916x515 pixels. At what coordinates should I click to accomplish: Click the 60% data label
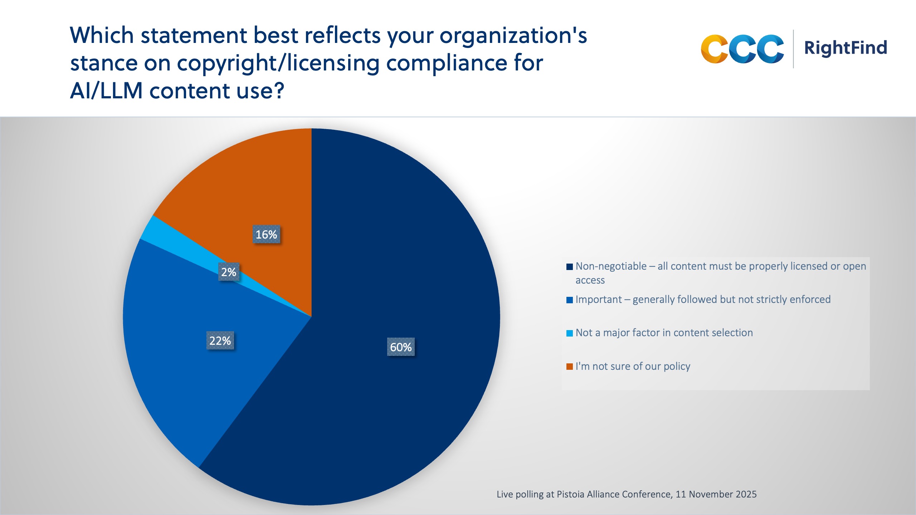coord(401,347)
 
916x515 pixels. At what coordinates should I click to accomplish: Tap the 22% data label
coord(220,340)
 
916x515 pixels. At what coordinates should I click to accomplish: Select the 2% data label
coord(229,272)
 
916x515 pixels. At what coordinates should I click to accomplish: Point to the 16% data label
coord(266,235)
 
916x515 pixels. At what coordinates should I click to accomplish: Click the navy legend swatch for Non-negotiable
coord(569,267)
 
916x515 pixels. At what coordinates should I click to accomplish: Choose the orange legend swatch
coord(569,367)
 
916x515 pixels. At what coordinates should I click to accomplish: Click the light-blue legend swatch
coord(569,333)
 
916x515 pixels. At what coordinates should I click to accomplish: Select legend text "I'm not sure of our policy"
coord(633,366)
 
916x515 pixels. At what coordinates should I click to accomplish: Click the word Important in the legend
coord(599,299)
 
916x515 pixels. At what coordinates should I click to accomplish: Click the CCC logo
coord(742,49)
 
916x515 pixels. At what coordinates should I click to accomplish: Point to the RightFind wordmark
coord(846,48)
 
